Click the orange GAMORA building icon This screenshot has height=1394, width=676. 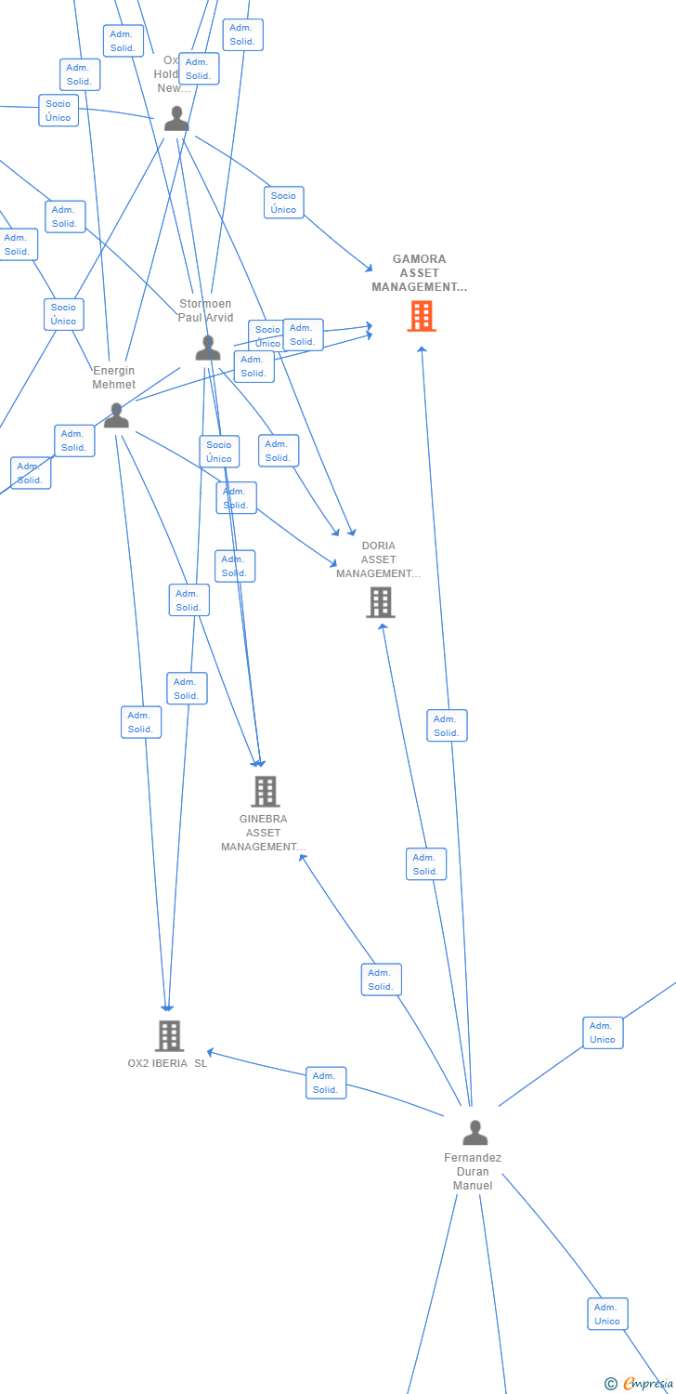point(422,316)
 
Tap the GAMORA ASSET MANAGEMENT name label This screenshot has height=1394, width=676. point(420,273)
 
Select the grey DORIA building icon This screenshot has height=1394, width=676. point(380,602)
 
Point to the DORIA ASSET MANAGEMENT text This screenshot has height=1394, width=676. point(378,559)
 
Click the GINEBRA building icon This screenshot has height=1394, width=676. point(266,791)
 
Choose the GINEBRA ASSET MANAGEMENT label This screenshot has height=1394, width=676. point(263,833)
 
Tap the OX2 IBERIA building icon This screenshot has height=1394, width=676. point(169,1035)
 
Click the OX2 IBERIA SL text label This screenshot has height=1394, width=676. point(167,1063)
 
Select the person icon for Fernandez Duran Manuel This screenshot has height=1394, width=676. point(474,1133)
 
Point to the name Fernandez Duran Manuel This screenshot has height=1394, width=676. point(473,1171)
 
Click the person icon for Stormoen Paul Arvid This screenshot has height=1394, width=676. point(208,348)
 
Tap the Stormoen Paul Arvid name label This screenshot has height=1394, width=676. point(205,310)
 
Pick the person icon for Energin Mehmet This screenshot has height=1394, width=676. point(116,415)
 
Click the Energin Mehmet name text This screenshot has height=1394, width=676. point(113,377)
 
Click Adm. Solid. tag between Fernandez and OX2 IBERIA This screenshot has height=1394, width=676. point(326,1083)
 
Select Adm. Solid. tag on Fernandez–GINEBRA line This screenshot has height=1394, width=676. point(382,980)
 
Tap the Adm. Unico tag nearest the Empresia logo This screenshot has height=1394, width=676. point(607,1314)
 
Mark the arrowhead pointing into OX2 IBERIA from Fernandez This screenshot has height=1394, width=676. point(211,1052)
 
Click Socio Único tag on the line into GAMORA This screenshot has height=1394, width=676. point(283,203)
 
